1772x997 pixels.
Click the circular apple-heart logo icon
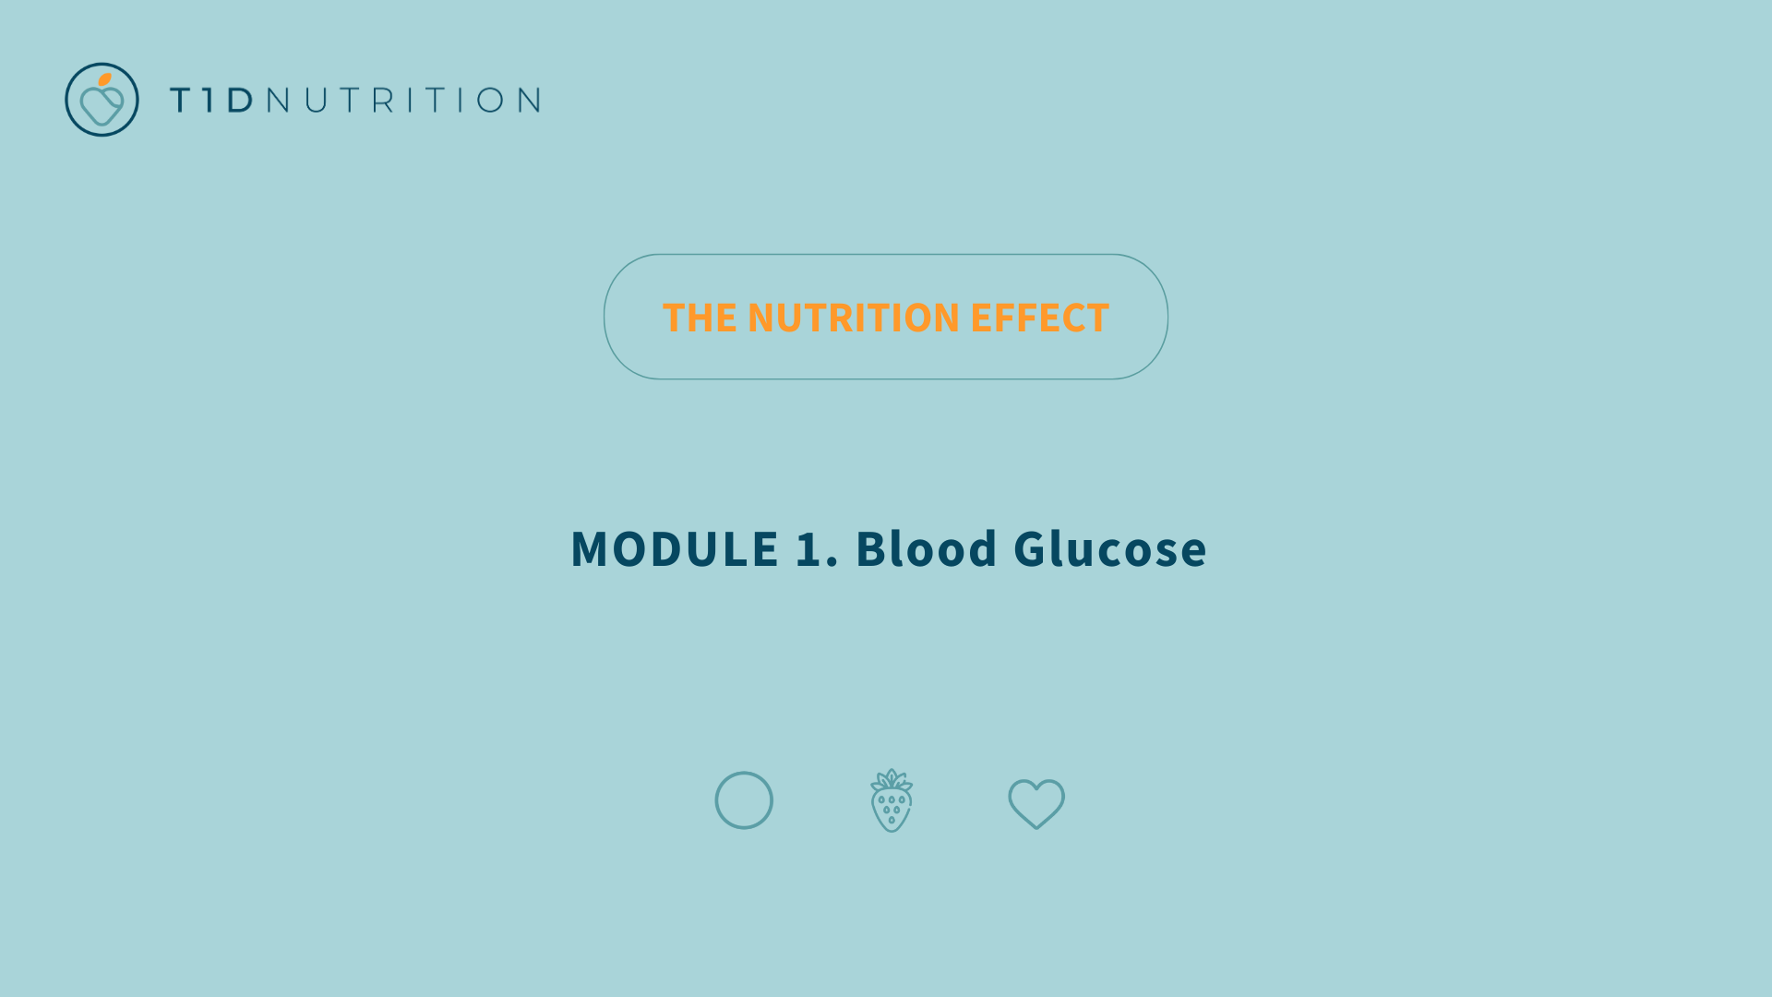(x=102, y=100)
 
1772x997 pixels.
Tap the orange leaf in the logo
(x=105, y=79)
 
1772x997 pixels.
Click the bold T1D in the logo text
(x=212, y=100)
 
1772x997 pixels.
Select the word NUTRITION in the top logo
(x=403, y=100)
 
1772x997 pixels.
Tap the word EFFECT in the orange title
(x=1039, y=318)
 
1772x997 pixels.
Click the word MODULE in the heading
(x=675, y=548)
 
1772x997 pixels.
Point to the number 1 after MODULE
(x=809, y=548)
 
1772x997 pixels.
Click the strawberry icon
(x=892, y=800)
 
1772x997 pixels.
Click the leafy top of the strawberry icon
(x=892, y=779)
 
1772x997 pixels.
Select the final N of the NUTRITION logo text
(x=529, y=100)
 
